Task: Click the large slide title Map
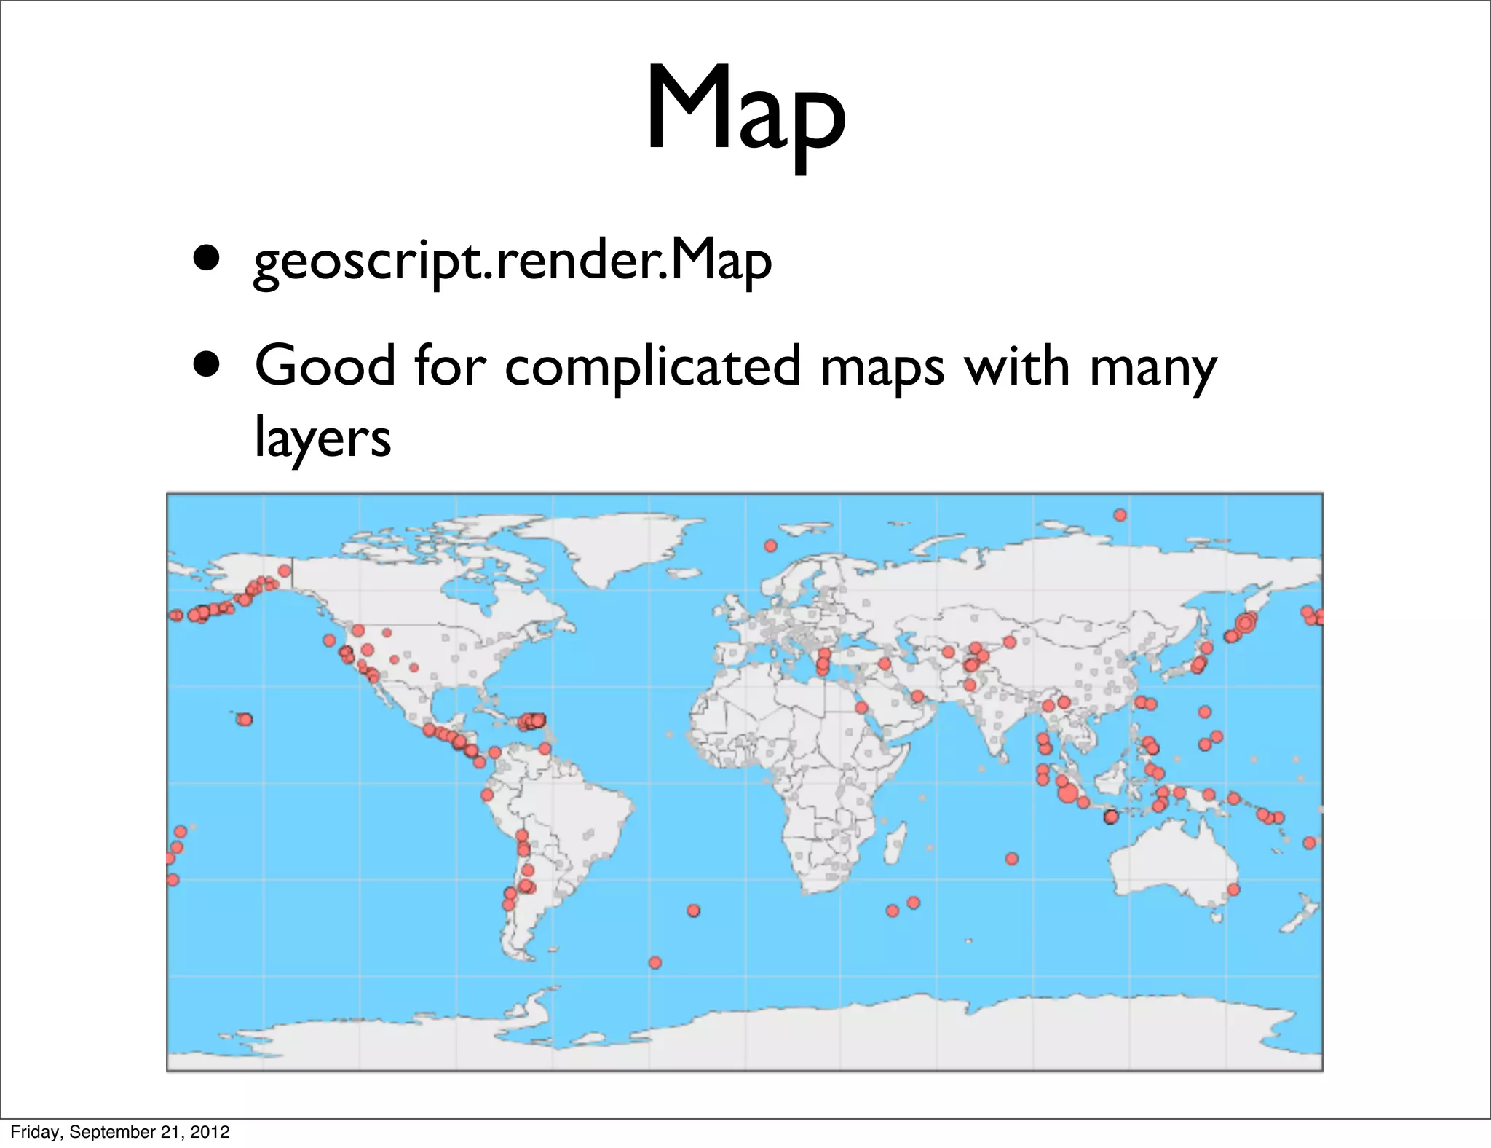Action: [745, 109]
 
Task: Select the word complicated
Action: [652, 366]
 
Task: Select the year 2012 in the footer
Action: [212, 1132]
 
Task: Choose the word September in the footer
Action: [114, 1132]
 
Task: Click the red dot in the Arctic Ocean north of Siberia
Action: [1120, 516]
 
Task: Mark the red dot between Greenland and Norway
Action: [770, 546]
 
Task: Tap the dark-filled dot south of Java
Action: [1110, 817]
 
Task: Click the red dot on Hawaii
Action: [245, 720]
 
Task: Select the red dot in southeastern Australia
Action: [1233, 889]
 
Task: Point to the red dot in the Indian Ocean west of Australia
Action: [1012, 859]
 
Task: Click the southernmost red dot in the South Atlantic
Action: [655, 962]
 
